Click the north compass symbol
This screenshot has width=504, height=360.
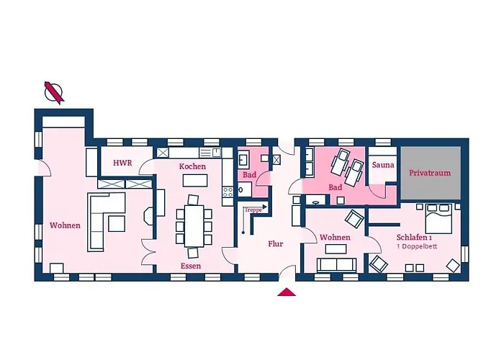(x=54, y=93)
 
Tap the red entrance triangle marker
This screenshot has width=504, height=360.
(x=287, y=292)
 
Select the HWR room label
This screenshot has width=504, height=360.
(x=122, y=163)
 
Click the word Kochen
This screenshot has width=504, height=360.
(x=192, y=166)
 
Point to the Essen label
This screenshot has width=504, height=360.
(x=191, y=266)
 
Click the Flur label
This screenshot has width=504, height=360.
(x=276, y=243)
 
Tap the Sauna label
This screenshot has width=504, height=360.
(x=383, y=165)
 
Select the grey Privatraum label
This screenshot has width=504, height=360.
(x=430, y=173)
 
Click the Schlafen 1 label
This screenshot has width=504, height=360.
(x=414, y=237)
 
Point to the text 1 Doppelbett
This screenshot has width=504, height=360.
(x=417, y=246)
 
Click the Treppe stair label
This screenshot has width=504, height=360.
(x=253, y=210)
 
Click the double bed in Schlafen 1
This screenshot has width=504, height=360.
(x=438, y=218)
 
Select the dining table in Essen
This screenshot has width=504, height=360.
(x=194, y=225)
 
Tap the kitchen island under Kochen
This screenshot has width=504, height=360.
(x=195, y=180)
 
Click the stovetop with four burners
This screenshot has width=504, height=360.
(x=228, y=192)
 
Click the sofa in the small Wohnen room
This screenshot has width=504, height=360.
(x=336, y=265)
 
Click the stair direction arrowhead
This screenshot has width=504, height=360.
(x=264, y=207)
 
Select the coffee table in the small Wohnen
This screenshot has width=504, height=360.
(x=336, y=249)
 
